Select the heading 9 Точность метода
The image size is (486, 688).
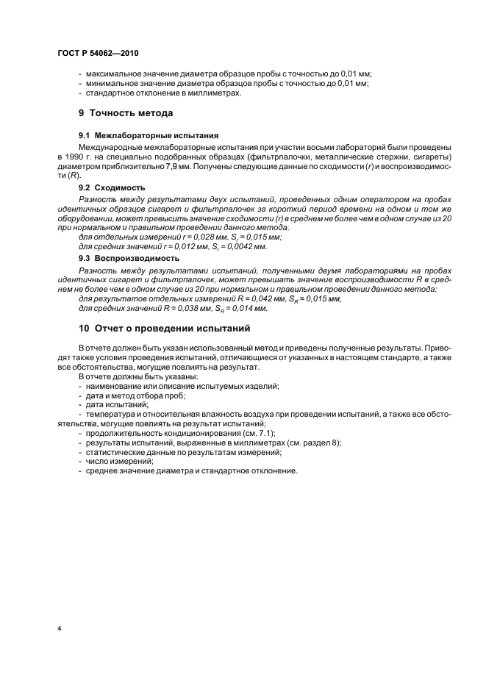point(126,113)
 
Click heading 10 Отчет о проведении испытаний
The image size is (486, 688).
point(164,328)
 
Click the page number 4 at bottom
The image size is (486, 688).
point(58,629)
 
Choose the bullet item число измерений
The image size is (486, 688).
point(120,461)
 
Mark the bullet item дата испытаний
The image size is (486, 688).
point(118,404)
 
